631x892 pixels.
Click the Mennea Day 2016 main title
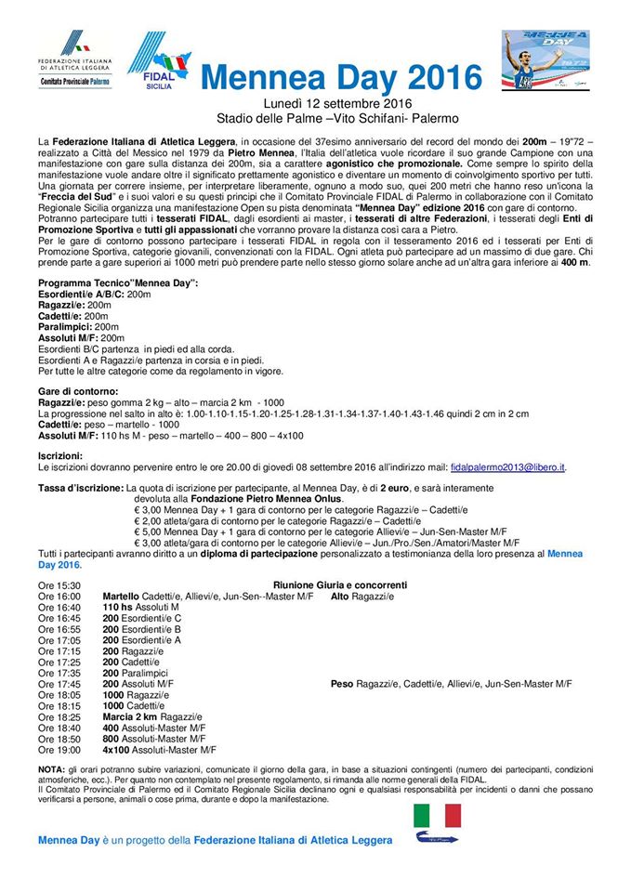click(x=341, y=77)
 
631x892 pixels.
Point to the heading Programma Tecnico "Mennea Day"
click(x=118, y=282)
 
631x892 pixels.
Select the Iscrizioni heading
click(x=59, y=456)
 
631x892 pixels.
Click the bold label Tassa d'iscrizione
click(x=80, y=488)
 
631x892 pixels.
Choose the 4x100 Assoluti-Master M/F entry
click(x=159, y=749)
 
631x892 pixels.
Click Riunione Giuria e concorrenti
click(x=339, y=585)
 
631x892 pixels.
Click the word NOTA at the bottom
click(x=52, y=770)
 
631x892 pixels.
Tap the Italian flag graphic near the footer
click(x=437, y=816)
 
